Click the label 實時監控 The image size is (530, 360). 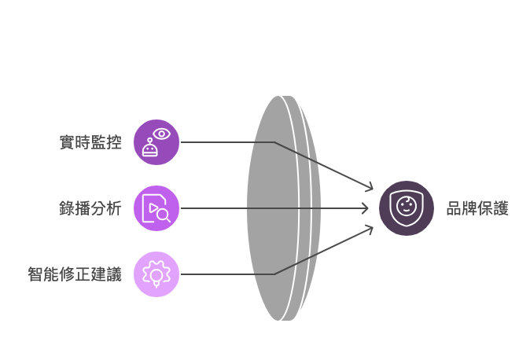coord(90,142)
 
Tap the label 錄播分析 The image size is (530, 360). coord(90,208)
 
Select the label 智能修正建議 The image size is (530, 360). coord(75,274)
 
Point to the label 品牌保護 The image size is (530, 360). coord(477,208)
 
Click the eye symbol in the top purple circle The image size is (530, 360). coord(161,134)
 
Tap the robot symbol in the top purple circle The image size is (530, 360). coord(150,148)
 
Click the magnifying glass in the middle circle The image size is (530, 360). coord(164,215)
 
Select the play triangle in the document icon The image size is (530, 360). coord(153,208)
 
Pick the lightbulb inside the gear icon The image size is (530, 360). coord(156,277)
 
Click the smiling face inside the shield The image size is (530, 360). coord(406,206)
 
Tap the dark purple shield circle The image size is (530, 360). coord(407,208)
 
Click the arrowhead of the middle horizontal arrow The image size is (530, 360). coord(366,208)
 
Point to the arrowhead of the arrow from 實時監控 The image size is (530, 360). coord(370,187)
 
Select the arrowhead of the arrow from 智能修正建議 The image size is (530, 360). coord(370,230)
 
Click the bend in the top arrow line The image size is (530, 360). coord(274,142)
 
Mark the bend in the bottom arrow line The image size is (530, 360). coord(274,274)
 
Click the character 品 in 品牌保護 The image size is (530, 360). coord(454,208)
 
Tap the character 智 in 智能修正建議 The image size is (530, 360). coord(35,274)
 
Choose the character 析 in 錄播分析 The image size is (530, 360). coord(114,208)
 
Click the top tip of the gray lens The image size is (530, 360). coord(279,97)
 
